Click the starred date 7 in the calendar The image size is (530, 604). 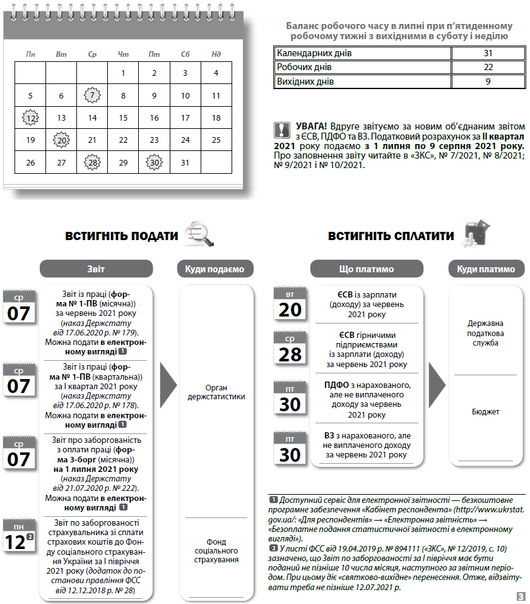click(x=92, y=96)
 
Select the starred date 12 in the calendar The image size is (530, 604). click(x=30, y=118)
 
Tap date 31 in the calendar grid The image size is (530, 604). click(x=185, y=162)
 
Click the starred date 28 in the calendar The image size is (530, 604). click(x=92, y=162)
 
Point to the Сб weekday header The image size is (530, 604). click(x=185, y=54)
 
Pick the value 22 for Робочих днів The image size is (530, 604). click(x=488, y=67)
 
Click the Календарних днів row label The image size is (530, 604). click(x=314, y=53)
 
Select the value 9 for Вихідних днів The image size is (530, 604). click(x=488, y=82)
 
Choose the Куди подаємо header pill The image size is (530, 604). click(x=215, y=269)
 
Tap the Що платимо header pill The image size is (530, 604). click(x=367, y=269)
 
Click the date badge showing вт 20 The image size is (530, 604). click(x=290, y=305)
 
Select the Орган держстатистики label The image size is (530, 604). click(x=216, y=392)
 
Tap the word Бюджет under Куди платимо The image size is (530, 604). click(x=485, y=411)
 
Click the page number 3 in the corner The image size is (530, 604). click(x=521, y=596)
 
